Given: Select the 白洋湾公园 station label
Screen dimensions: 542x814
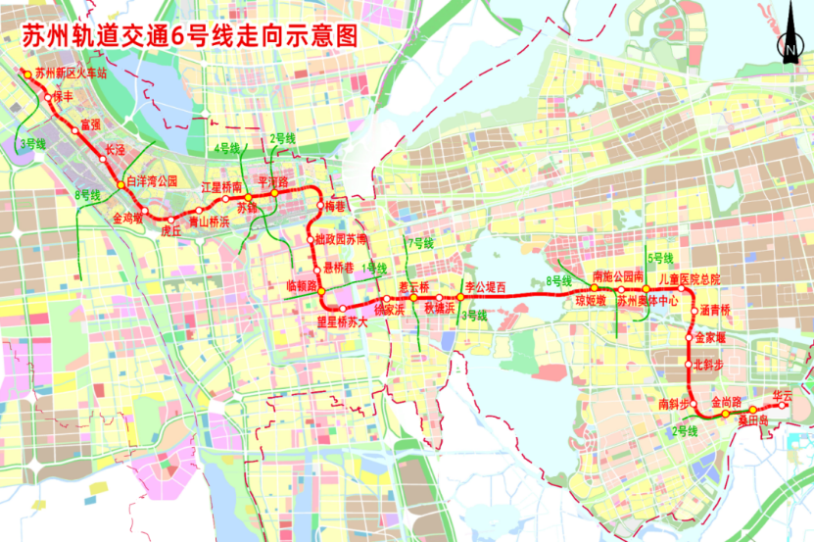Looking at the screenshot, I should [152, 181].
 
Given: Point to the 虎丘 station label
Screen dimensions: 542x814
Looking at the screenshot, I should [171, 232].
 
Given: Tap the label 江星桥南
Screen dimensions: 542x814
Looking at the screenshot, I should [221, 186].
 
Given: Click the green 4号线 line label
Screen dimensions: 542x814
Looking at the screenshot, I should [226, 148].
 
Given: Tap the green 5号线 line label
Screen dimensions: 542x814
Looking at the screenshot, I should [659, 258].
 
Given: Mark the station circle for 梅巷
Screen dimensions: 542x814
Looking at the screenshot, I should [319, 206].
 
